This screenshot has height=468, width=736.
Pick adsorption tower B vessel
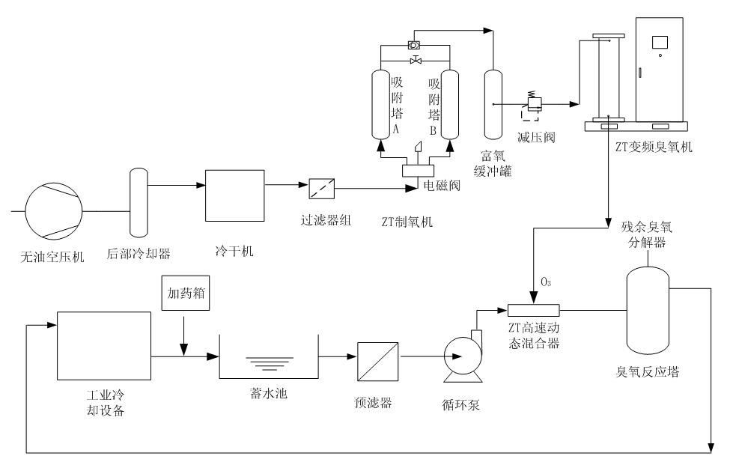(x=449, y=104)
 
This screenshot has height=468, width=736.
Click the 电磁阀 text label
(x=440, y=183)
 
